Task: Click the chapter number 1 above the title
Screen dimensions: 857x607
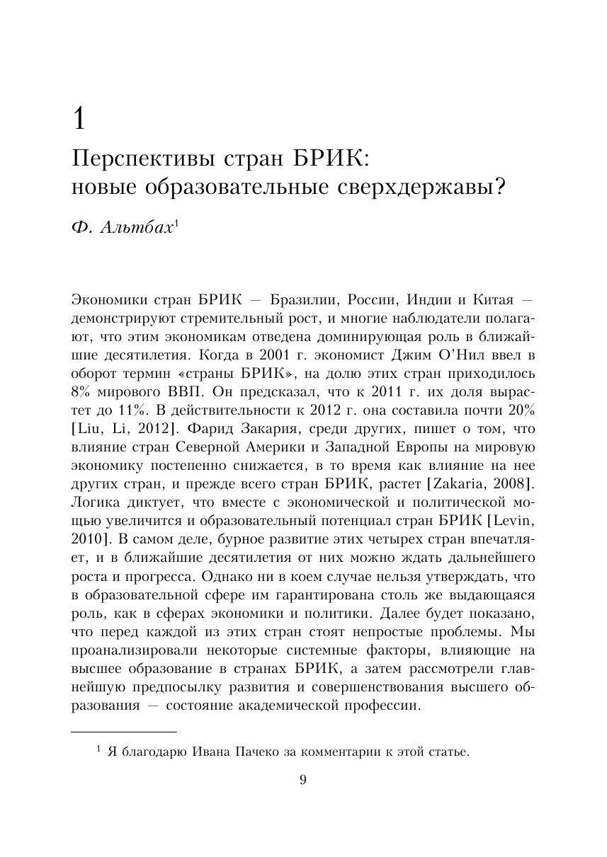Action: (x=79, y=118)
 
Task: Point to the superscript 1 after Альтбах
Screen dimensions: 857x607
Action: (x=176, y=223)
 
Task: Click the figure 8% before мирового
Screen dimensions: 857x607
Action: (x=83, y=391)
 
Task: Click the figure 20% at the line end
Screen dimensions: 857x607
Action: (x=521, y=410)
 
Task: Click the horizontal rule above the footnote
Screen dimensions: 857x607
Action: (x=124, y=732)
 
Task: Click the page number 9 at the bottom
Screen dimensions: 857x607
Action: (x=303, y=781)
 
